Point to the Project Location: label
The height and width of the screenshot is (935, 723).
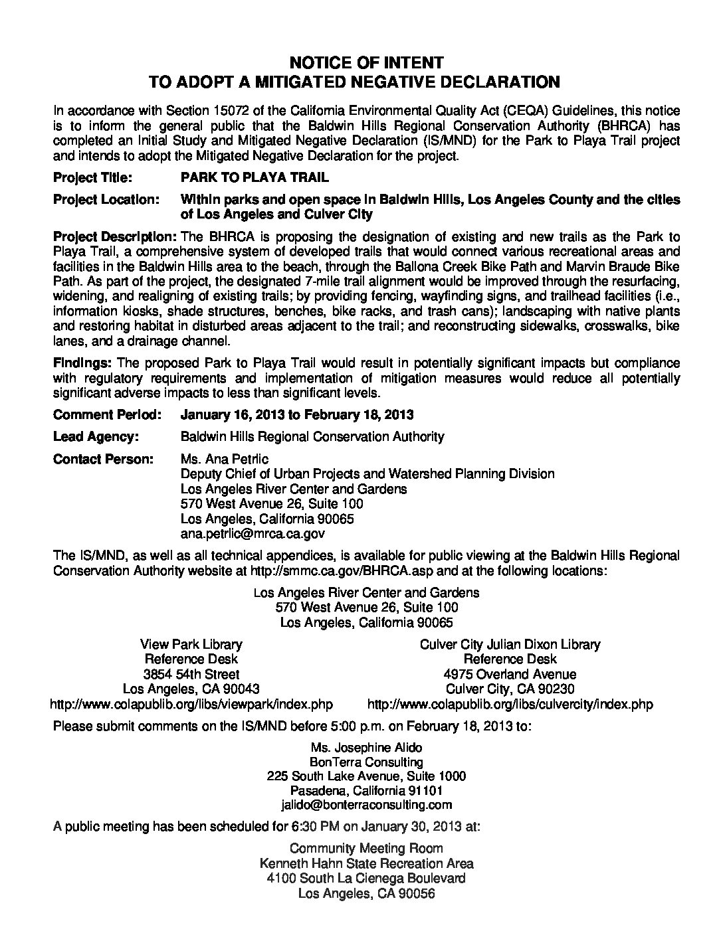106,200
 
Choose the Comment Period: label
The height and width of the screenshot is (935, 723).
107,414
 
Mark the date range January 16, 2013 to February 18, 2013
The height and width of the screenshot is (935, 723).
297,414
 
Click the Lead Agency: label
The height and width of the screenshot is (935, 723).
96,436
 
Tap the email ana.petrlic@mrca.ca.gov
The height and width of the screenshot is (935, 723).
253,533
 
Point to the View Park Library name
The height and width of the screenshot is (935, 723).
191,644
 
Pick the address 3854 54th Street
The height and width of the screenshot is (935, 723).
191,674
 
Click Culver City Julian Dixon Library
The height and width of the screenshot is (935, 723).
510,644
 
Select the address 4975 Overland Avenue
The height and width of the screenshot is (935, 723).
510,674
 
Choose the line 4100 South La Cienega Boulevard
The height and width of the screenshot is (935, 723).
366,878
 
